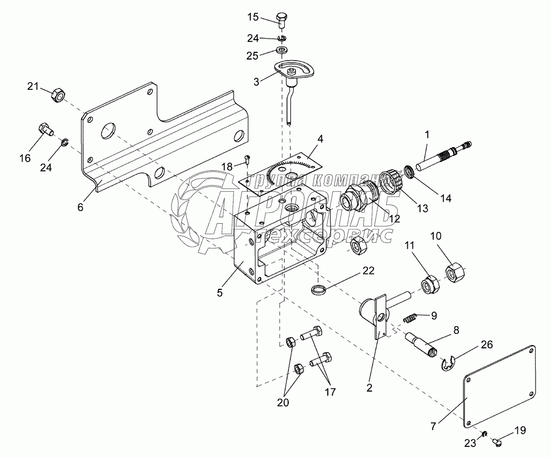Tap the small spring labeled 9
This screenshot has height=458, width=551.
(x=409, y=317)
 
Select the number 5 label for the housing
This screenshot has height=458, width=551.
(x=219, y=293)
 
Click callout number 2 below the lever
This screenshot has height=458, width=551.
(x=369, y=388)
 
